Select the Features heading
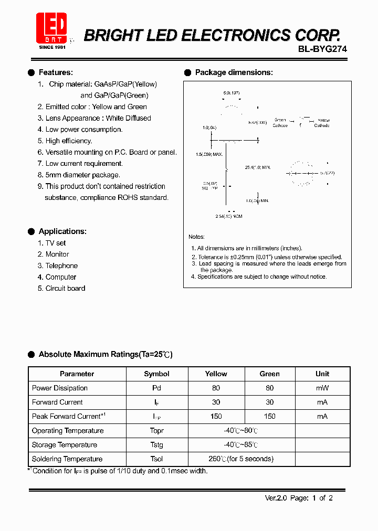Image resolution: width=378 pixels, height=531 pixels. [x=56, y=72]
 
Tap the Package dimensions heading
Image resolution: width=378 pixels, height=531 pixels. [x=234, y=72]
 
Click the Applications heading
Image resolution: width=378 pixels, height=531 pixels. [x=62, y=231]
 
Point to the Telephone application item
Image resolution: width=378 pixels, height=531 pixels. [x=61, y=265]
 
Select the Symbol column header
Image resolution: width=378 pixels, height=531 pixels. [x=156, y=374]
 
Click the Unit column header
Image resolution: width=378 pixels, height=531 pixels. [x=322, y=374]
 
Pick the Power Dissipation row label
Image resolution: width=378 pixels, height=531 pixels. [x=60, y=388]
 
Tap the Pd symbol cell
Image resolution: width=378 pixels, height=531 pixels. [x=156, y=388]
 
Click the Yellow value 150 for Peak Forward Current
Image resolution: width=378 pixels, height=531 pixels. [x=216, y=416]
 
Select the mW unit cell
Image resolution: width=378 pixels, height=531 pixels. [x=322, y=388]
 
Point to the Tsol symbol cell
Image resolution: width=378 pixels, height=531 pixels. [x=156, y=459]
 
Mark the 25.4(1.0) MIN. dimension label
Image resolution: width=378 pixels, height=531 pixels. [x=258, y=167]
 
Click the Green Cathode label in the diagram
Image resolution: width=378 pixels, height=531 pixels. [x=280, y=123]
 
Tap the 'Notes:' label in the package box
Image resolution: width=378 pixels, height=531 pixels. [x=196, y=237]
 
